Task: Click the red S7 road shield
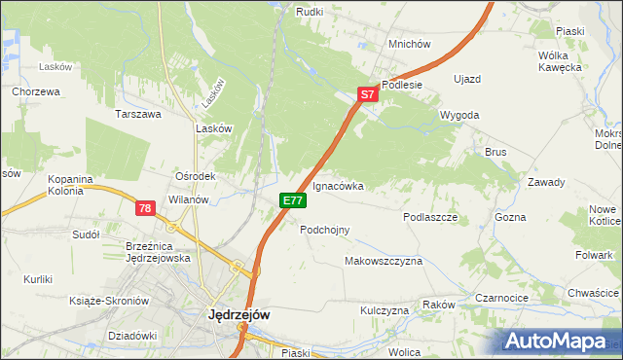(366, 94)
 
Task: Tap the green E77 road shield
(294, 199)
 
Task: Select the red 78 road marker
(145, 207)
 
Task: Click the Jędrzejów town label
(239, 315)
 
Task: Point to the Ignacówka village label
(338, 185)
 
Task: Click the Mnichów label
(409, 44)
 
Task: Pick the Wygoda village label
(459, 115)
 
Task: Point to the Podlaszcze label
(430, 218)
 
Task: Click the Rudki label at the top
(310, 11)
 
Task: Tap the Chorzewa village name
(37, 91)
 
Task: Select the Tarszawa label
(138, 114)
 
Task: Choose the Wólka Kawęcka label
(560, 61)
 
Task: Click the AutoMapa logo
(557, 341)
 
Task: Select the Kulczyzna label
(385, 310)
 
